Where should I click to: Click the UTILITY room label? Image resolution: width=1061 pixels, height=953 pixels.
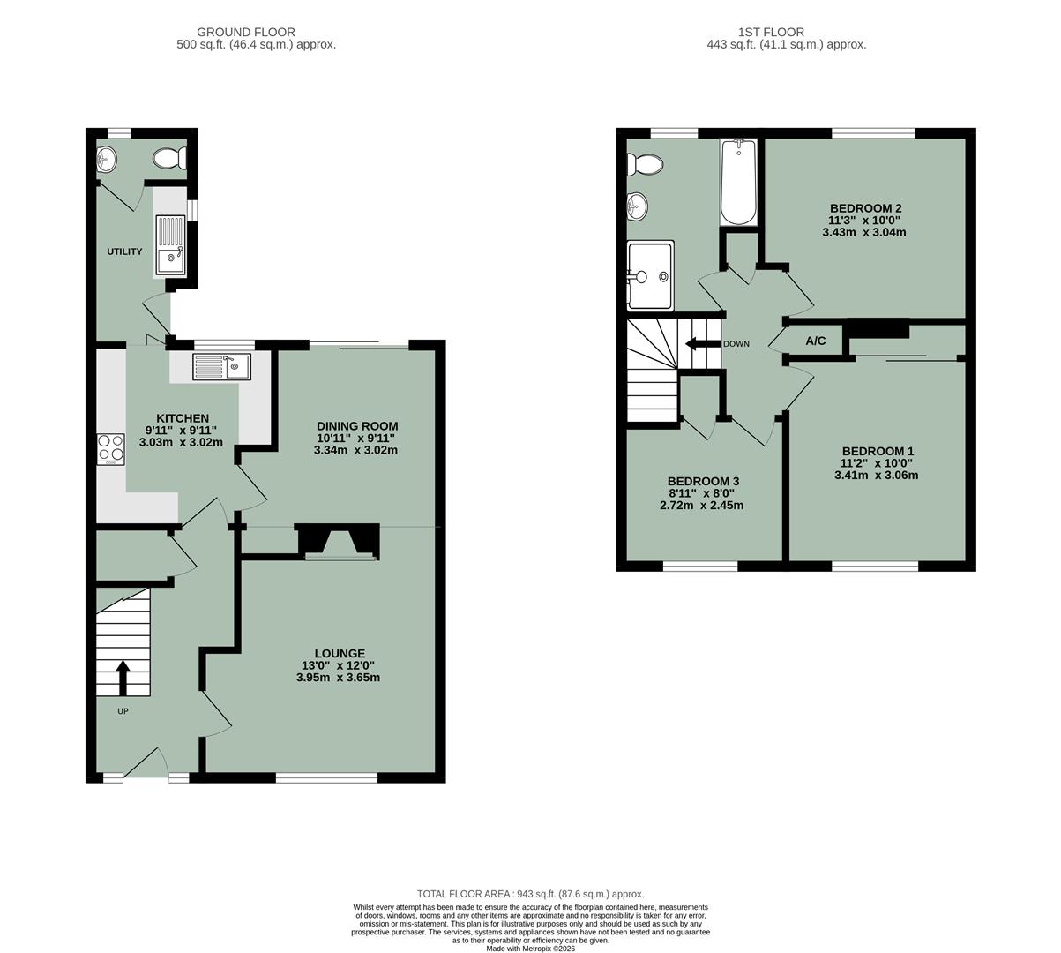pyautogui.click(x=124, y=251)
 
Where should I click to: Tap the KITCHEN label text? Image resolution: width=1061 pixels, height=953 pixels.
pyautogui.click(x=183, y=418)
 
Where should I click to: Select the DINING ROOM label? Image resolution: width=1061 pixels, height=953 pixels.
pyautogui.click(x=357, y=425)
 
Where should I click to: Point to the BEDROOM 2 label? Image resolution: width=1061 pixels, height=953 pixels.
pyautogui.click(x=865, y=208)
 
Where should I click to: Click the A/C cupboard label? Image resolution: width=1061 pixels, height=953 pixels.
pyautogui.click(x=816, y=341)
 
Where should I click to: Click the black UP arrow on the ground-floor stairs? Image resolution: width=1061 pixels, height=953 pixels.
pyautogui.click(x=122, y=678)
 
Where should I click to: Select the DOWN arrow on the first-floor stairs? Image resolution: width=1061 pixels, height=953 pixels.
pyautogui.click(x=702, y=343)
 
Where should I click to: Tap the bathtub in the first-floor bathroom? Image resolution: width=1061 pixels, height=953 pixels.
pyautogui.click(x=738, y=183)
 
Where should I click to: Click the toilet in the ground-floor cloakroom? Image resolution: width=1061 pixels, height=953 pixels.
pyautogui.click(x=168, y=158)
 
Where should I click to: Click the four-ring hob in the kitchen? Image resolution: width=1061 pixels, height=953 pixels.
pyautogui.click(x=111, y=449)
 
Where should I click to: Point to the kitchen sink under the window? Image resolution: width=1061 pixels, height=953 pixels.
pyautogui.click(x=222, y=366)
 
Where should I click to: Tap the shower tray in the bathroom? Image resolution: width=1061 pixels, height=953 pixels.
pyautogui.click(x=650, y=277)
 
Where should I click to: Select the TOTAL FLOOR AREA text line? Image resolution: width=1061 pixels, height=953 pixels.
pyautogui.click(x=530, y=894)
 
